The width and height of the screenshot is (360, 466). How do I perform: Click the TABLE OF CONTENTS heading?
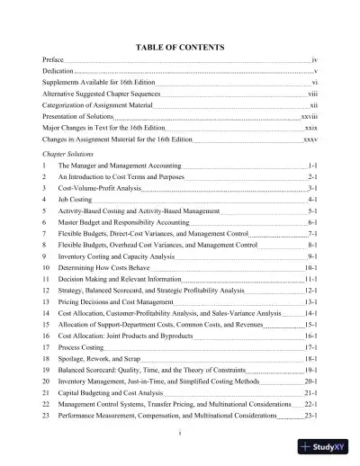(x=179, y=45)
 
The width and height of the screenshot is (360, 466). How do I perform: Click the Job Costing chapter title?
(x=78, y=199)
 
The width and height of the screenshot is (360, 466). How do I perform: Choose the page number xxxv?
(x=310, y=140)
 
